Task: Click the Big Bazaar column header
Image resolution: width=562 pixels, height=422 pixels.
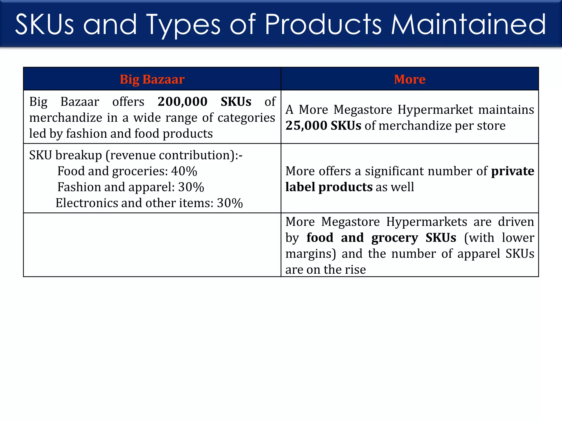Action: (x=152, y=79)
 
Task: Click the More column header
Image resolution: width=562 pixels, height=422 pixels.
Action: (x=409, y=79)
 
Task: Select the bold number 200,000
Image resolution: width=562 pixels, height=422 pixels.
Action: (x=182, y=102)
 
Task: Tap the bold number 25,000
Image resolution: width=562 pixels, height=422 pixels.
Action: (x=306, y=126)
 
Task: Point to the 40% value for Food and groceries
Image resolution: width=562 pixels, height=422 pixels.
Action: (x=184, y=171)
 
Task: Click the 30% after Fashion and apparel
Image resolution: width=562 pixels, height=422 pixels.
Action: (x=191, y=187)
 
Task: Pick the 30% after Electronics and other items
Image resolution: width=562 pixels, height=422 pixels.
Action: (x=230, y=203)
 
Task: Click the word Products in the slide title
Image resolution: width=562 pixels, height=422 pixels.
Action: (x=323, y=25)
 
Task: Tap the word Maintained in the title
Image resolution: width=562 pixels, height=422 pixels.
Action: (x=468, y=25)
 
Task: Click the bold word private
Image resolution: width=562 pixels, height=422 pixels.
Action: (x=512, y=171)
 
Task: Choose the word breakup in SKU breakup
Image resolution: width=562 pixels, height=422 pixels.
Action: (x=78, y=155)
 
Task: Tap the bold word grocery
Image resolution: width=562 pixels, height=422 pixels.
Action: (x=395, y=238)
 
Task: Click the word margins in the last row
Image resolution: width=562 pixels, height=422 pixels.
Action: (x=310, y=254)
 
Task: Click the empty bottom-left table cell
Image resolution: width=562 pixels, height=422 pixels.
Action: (x=152, y=245)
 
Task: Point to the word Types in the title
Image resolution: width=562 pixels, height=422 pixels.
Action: (x=183, y=25)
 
